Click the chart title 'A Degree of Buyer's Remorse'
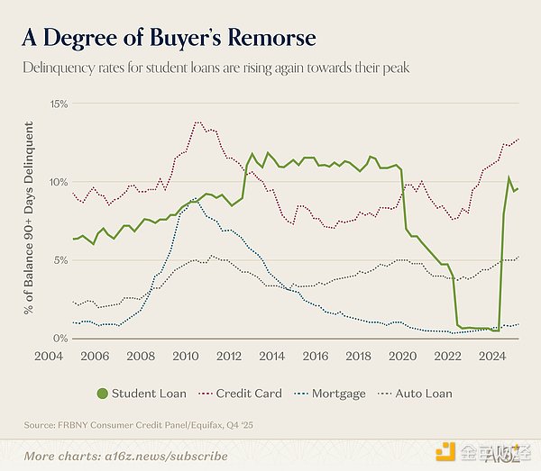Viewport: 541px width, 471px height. click(x=169, y=38)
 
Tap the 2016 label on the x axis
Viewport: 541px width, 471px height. click(x=315, y=356)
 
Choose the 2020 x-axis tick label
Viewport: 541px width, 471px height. click(x=400, y=356)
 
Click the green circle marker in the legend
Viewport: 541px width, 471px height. click(x=102, y=394)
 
